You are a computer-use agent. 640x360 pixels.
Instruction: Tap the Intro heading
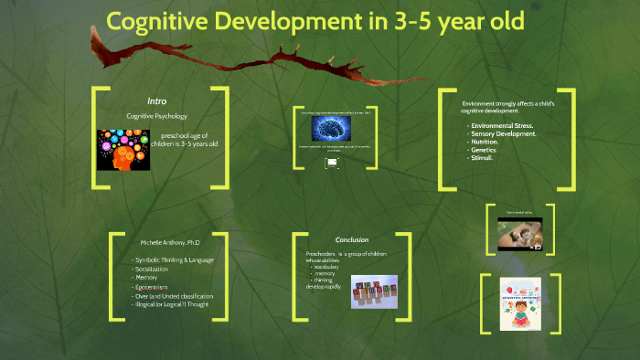coord(156,101)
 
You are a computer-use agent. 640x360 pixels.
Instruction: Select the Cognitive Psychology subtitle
coord(156,116)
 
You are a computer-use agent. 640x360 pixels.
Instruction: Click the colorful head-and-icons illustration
coord(123,149)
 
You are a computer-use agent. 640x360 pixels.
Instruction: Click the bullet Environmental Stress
coord(501,125)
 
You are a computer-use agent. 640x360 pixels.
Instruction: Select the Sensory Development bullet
coord(503,133)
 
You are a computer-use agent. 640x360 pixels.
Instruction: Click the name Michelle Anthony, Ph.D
coord(169,244)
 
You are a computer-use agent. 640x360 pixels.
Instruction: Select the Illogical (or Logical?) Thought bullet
coord(173,304)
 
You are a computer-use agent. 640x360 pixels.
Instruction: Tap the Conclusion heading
coord(352,239)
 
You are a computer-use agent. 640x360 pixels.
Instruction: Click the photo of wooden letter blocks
coord(374,291)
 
